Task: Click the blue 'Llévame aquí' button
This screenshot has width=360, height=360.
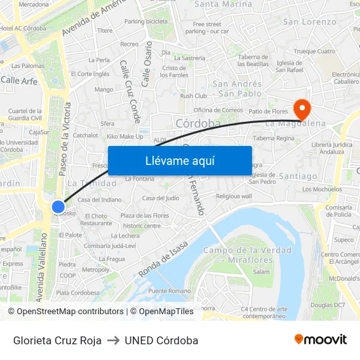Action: click(179, 160)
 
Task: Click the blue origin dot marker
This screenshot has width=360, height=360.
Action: click(58, 207)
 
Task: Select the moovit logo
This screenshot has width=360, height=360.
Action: click(320, 339)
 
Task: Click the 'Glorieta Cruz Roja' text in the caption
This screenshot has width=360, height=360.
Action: click(58, 340)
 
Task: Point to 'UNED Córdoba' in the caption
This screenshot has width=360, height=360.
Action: click(161, 340)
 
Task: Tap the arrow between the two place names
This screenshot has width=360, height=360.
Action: click(113, 340)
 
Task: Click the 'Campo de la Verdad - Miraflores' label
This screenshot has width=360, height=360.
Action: click(238, 256)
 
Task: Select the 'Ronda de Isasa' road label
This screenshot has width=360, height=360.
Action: click(164, 259)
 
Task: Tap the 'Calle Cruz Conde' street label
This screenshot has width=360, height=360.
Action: click(129, 88)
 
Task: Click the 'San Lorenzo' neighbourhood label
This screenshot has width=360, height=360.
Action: click(309, 22)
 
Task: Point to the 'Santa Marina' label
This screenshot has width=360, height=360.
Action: click(223, 4)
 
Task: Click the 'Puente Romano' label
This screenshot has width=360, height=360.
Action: click(169, 291)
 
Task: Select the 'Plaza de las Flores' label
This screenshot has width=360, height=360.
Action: click(145, 215)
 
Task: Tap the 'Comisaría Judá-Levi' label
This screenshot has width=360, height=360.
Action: click(110, 245)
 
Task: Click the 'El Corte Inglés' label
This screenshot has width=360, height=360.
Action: click(90, 74)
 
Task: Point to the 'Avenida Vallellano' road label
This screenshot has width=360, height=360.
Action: click(41, 268)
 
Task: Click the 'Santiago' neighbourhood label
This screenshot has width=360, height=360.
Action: click(298, 176)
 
